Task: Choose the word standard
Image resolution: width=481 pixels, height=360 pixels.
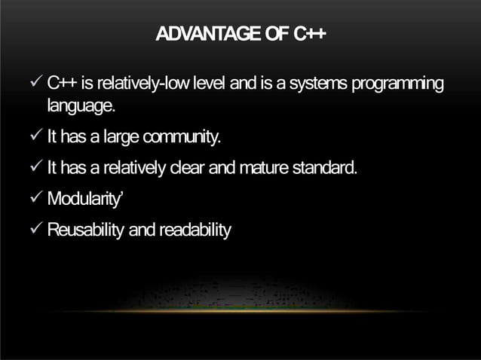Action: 325,166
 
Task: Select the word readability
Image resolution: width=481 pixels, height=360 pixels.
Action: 192,229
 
